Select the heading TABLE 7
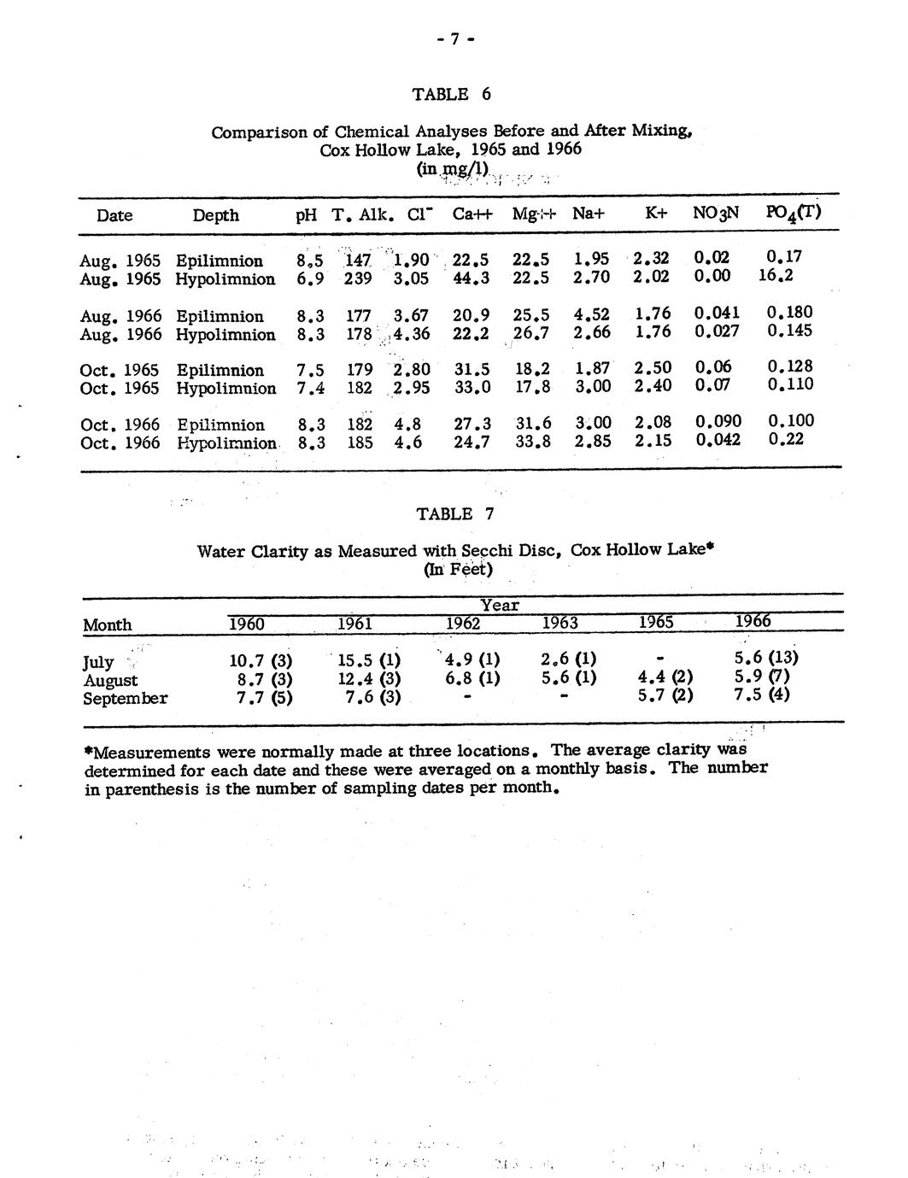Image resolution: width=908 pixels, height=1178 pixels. tap(454, 513)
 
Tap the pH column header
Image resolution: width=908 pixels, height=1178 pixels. tap(306, 215)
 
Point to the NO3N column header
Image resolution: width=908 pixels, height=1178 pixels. tap(716, 214)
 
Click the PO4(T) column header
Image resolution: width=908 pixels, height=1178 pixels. tap(794, 213)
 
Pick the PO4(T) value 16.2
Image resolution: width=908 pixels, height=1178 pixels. tap(775, 276)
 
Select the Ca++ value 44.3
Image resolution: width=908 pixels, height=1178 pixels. tap(471, 278)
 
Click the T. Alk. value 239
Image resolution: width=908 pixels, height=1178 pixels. tap(358, 278)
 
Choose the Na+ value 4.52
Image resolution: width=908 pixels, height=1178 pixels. tap(591, 314)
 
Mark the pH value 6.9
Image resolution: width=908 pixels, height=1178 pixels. tap(309, 279)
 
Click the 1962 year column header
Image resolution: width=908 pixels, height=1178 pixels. tap(462, 624)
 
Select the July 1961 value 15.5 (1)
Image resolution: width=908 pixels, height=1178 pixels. tap(369, 660)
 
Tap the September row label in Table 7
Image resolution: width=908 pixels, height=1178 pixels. tap(125, 699)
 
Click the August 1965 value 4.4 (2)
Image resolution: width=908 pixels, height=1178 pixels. tap(665, 678)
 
